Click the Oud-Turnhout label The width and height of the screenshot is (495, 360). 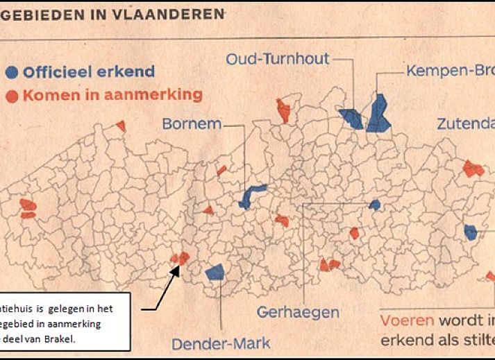coord(277,59)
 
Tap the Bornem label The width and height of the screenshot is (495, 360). coord(192,125)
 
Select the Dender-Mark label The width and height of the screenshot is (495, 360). coord(221,343)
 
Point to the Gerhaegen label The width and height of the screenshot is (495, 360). coord(299,312)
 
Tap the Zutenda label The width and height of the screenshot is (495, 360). coord(465,125)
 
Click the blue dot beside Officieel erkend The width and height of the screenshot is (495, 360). coord(12,71)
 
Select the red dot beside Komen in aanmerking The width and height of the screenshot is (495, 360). coord(12,94)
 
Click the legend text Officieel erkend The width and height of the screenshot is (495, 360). coord(88,71)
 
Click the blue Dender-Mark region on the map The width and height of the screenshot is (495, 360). coord(215,271)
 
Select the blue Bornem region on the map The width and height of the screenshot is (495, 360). coord(251,194)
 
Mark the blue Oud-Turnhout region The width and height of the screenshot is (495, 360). coord(351,118)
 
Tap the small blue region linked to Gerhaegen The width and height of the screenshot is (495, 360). coord(374,205)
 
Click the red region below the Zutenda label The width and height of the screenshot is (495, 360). coord(473,169)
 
